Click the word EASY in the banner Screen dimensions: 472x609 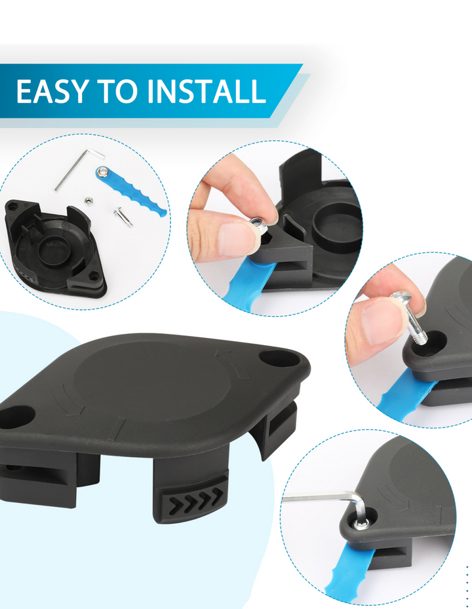(52, 91)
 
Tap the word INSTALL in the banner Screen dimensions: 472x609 (206, 91)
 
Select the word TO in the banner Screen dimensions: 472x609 (118, 91)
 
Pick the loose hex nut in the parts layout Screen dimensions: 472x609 (88, 200)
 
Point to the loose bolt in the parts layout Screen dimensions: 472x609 (123, 217)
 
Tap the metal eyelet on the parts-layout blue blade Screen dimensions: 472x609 (102, 171)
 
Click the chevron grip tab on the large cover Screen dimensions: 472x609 (197, 498)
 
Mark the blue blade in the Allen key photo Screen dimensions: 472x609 (349, 572)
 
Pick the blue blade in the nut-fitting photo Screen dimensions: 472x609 (250, 282)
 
